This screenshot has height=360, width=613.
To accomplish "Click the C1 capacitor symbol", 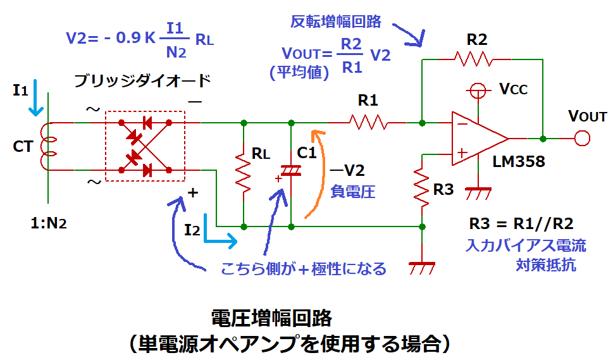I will (291, 170).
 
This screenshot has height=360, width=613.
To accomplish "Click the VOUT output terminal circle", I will (582, 137).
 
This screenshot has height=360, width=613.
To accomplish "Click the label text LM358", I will (517, 163).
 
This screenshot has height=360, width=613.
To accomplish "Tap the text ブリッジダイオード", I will (142, 81).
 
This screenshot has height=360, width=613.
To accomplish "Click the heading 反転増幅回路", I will (336, 22).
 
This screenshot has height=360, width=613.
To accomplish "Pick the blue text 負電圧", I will (353, 191).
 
